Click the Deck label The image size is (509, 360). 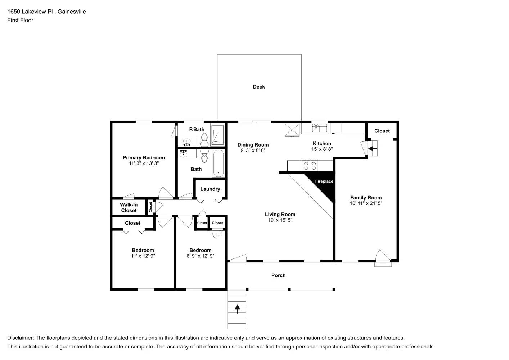[259, 87]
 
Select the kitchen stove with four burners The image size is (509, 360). [310, 166]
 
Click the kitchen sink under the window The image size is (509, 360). [319, 128]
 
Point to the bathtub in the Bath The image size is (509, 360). [218, 163]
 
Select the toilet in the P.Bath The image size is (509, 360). [204, 138]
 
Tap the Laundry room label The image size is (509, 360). [210, 189]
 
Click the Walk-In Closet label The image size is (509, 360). [129, 207]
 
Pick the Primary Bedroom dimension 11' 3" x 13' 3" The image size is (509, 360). [144, 163]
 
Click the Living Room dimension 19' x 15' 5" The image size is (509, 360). [280, 220]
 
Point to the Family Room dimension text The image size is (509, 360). [366, 203]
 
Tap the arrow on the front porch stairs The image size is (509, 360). [237, 309]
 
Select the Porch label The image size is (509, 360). [278, 275]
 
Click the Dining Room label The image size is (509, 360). [253, 145]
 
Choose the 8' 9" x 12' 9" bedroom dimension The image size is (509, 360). [200, 256]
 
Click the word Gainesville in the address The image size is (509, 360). [72, 12]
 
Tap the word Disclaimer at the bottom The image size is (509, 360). [20, 338]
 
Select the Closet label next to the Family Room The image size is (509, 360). [382, 131]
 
